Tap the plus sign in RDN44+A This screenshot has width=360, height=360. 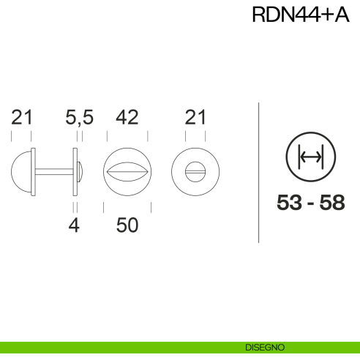click(326, 16)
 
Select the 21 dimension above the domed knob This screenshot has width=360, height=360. click(22, 117)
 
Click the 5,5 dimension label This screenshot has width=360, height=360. click(80, 117)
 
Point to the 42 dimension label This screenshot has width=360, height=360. click(127, 117)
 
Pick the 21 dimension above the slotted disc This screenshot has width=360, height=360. click(195, 117)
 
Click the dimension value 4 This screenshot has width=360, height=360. click(73, 225)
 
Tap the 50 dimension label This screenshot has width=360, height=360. click(127, 225)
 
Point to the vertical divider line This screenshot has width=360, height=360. click(260, 172)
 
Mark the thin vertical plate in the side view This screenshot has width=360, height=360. click(75, 172)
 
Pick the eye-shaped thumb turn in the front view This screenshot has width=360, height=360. click(127, 172)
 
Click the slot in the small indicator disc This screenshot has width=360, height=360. click(195, 172)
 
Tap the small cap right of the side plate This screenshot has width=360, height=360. click(80, 172)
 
